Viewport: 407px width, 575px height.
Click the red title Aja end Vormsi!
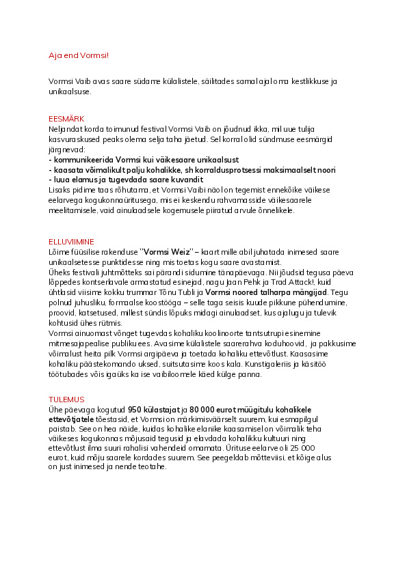[79, 55]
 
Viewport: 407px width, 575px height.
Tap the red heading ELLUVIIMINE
[72, 242]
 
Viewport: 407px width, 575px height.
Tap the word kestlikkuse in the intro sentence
[306, 81]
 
